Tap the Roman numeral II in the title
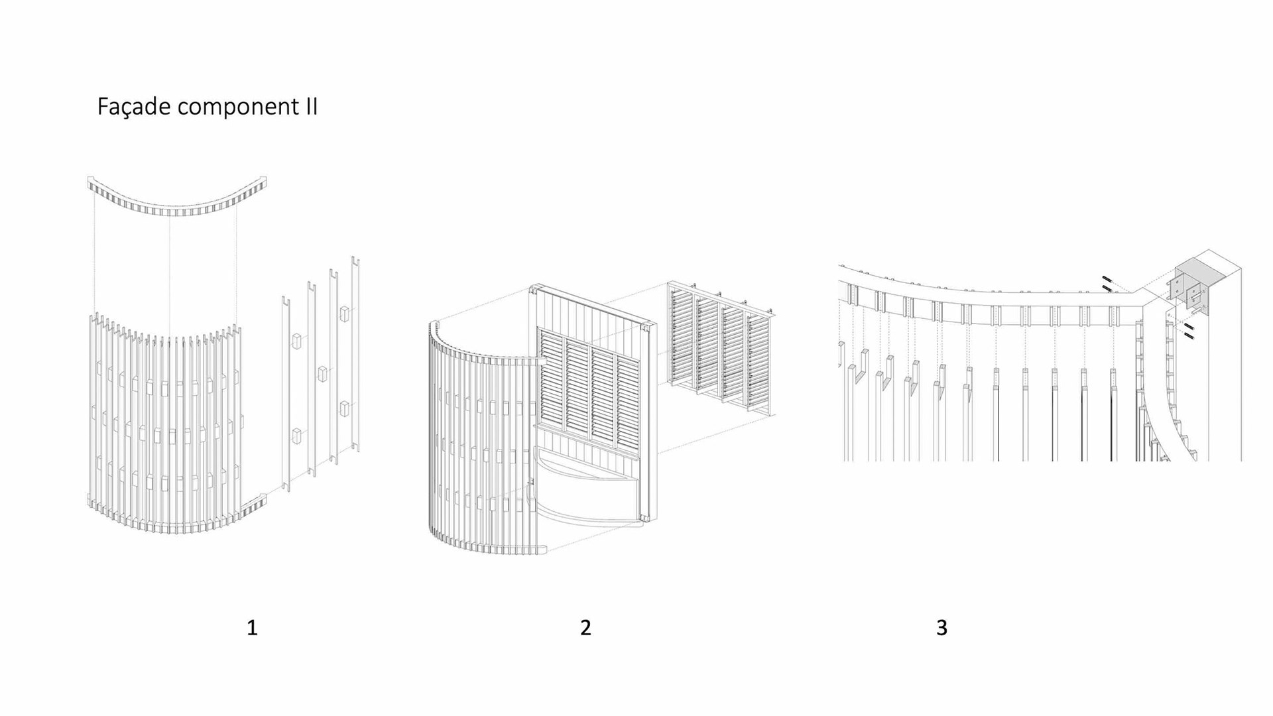point(311,107)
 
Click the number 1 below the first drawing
point(252,627)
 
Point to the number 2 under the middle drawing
point(585,627)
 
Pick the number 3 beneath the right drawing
point(941,627)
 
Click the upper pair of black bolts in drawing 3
point(1107,283)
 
